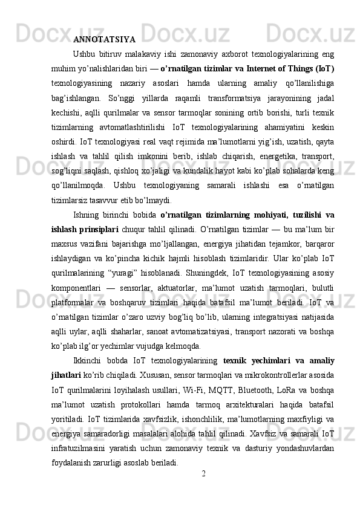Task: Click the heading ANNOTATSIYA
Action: coord(104,41)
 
